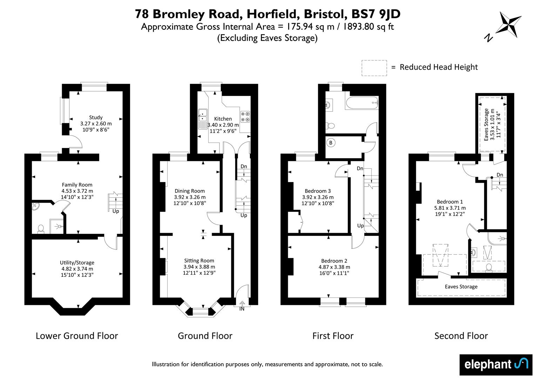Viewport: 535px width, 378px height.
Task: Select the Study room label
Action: pos(96,117)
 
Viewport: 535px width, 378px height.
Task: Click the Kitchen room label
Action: pos(223,119)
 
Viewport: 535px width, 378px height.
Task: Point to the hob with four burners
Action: pos(245,117)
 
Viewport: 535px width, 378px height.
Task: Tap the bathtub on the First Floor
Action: pos(362,103)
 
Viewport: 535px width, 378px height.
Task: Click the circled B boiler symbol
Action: pos(331,143)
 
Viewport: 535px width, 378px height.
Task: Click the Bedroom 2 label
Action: pos(334,261)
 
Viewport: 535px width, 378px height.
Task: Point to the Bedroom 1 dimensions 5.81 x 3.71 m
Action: pos(450,208)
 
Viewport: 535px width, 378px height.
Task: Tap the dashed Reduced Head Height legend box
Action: pos(374,68)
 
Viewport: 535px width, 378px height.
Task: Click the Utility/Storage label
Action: pos(77,262)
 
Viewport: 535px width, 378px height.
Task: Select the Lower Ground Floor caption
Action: pos(77,336)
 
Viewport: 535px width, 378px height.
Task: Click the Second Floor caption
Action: pos(461,336)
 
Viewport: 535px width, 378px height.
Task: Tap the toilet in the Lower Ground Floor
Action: pos(41,229)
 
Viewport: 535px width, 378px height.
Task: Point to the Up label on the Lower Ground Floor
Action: pos(116,211)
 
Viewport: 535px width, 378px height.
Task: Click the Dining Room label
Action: pos(190,191)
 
